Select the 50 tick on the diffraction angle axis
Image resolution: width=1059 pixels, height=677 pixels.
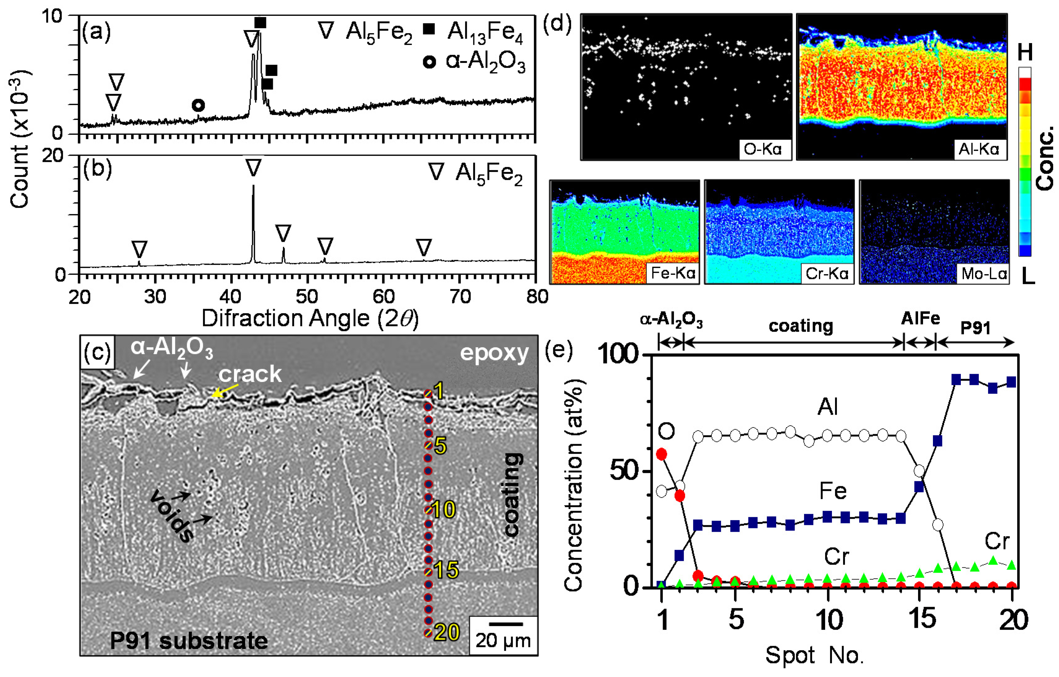[307, 297]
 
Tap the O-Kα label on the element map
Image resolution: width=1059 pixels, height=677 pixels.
[763, 150]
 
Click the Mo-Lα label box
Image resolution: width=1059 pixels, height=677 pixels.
[984, 274]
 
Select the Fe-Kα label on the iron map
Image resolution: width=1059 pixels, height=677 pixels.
[673, 273]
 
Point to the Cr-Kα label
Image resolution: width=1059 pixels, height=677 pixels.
[827, 274]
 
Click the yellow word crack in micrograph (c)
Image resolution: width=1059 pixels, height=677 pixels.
[250, 374]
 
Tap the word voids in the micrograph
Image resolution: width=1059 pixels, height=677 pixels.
[172, 517]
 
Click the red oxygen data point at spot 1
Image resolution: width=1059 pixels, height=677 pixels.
[661, 454]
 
